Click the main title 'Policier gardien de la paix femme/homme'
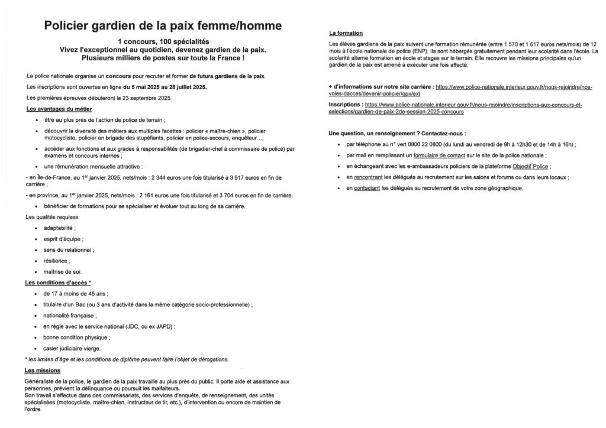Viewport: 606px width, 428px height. pos(163,25)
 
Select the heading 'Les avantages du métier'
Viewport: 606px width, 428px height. pos(59,109)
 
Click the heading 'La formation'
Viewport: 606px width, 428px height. pos(346,33)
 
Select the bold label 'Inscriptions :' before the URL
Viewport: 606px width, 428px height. pos(346,104)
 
